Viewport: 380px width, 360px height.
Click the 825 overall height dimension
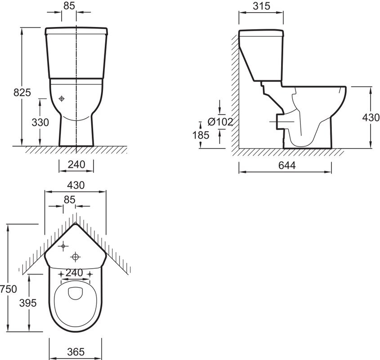click(22, 92)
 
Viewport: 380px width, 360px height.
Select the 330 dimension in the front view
click(40, 122)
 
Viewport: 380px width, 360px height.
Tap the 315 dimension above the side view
click(261, 6)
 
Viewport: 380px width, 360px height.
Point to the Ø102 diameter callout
click(220, 121)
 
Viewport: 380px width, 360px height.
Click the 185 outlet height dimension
click(201, 135)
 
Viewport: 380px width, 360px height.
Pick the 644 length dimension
click(287, 165)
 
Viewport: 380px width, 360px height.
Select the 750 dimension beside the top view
click(9, 289)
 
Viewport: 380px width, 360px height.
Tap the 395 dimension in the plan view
click(28, 303)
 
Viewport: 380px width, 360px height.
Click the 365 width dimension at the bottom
click(76, 352)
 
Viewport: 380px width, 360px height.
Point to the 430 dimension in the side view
click(371, 117)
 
